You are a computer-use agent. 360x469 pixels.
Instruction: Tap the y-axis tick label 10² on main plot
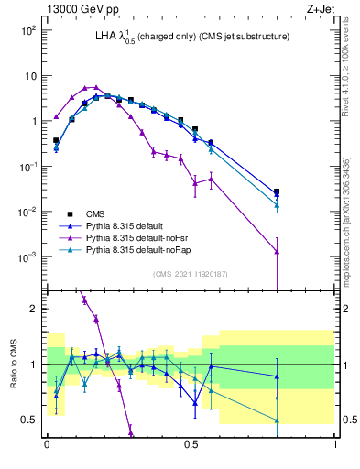[28, 31]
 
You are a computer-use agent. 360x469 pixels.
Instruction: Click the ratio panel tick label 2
[36, 309]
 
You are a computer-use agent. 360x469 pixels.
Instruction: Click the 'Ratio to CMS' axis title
[12, 365]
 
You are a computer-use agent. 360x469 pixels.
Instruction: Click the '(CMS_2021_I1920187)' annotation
[190, 274]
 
